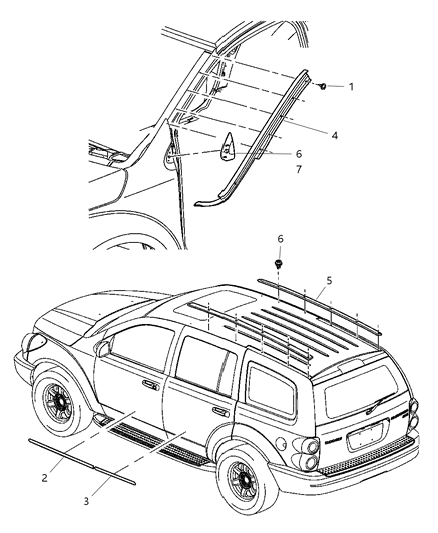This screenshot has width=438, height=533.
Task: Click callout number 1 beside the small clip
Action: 351,87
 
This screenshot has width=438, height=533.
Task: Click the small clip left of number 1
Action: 325,87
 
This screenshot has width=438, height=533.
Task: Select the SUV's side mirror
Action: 104,349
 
